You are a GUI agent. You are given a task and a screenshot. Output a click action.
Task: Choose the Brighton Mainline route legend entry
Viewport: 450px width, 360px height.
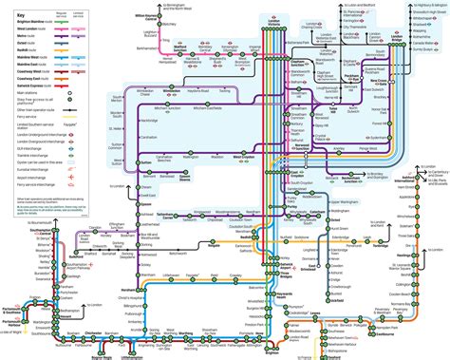pyautogui.click(x=30, y=18)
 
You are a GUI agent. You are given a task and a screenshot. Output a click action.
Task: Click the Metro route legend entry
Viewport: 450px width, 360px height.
pyautogui.click(x=21, y=33)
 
